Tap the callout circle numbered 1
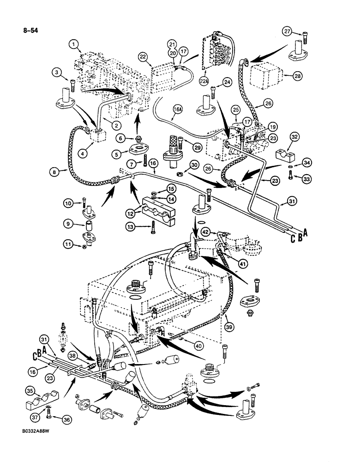click(x=73, y=44)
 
